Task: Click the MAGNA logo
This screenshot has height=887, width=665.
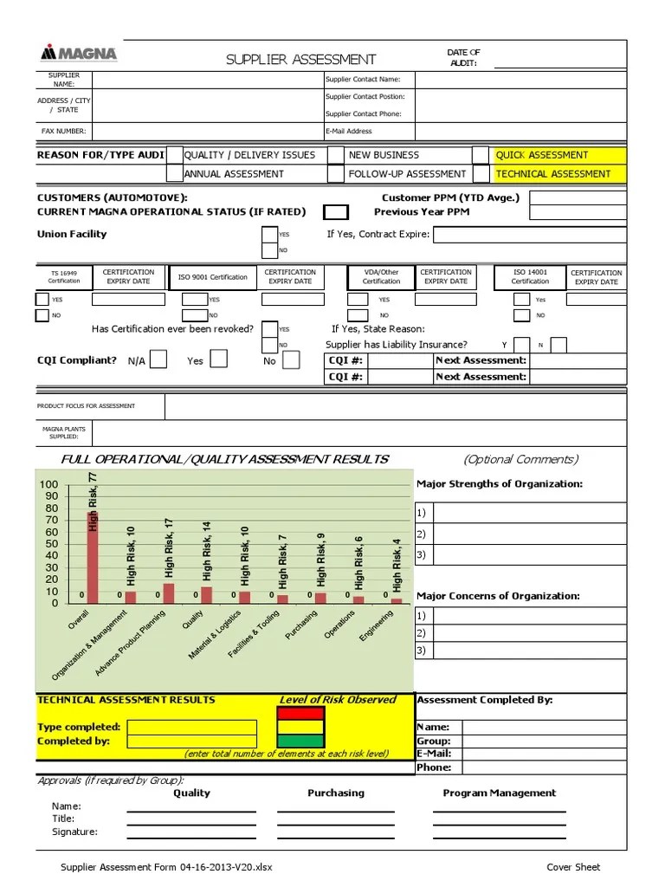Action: [x=79, y=54]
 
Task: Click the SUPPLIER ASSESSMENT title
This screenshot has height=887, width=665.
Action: [x=300, y=60]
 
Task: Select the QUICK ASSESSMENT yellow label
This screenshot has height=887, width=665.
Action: [x=541, y=155]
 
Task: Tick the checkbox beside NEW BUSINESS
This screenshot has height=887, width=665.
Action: [x=335, y=155]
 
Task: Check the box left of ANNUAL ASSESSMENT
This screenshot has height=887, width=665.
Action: [x=174, y=173]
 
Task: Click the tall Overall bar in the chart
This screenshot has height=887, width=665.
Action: [x=93, y=556]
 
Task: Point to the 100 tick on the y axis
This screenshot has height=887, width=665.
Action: [x=48, y=484]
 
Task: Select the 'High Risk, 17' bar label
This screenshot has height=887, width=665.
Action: [x=169, y=547]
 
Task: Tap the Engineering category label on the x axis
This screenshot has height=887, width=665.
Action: [x=377, y=625]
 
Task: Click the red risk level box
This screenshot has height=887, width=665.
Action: [x=300, y=714]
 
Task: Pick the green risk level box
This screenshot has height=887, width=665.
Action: [x=300, y=741]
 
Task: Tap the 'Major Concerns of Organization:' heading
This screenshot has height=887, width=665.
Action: [x=498, y=596]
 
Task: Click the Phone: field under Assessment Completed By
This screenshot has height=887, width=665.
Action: [x=543, y=767]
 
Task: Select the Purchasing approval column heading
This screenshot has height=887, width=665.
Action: [x=336, y=793]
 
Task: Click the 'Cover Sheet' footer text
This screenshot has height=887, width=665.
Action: [x=573, y=867]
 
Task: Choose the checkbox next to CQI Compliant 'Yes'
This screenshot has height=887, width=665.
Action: [x=219, y=359]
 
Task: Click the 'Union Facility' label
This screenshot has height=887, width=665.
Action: [x=72, y=234]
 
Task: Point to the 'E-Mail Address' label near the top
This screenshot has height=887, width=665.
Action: [x=349, y=132]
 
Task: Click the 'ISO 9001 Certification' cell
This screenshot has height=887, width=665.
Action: [x=212, y=277]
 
